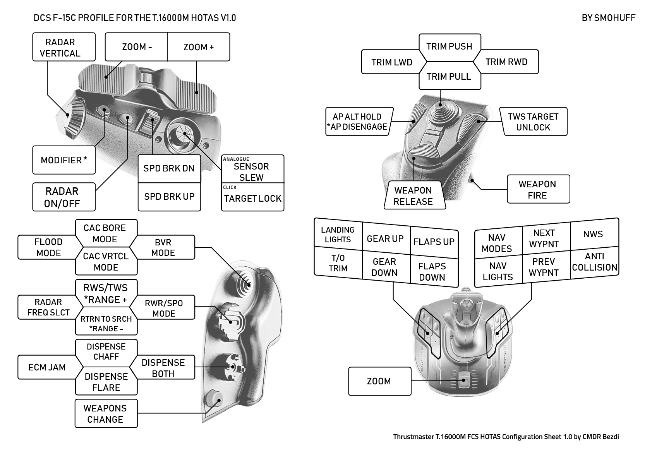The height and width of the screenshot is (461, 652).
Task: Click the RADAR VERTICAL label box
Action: click(x=63, y=47)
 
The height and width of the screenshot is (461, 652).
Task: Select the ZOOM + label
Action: click(x=198, y=47)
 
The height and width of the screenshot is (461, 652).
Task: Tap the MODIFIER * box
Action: click(x=64, y=160)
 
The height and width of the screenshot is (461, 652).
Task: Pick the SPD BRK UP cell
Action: click(x=169, y=197)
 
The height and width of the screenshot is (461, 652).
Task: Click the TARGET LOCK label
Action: click(x=252, y=198)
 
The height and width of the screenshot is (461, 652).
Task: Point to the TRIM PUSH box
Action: click(x=449, y=46)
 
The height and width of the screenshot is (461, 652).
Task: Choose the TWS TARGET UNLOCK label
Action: click(x=533, y=122)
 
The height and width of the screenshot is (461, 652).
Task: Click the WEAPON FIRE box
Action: click(x=538, y=189)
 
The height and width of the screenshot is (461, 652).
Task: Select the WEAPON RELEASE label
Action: click(x=413, y=196)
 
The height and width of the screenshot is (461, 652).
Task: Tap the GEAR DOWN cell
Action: click(x=384, y=267)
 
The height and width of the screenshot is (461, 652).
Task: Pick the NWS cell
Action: click(x=593, y=234)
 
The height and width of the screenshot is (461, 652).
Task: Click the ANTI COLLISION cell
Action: click(x=594, y=262)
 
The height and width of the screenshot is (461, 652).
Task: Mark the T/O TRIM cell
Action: click(x=338, y=263)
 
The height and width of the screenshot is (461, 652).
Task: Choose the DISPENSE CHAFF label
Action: click(x=106, y=351)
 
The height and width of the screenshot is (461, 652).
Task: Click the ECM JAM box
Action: click(x=47, y=367)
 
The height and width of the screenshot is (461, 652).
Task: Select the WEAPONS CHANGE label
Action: click(x=105, y=413)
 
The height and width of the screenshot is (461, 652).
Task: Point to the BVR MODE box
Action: click(x=163, y=247)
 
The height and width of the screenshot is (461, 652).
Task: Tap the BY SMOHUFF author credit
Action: click(x=608, y=18)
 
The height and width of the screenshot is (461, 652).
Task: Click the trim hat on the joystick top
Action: click(x=441, y=105)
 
